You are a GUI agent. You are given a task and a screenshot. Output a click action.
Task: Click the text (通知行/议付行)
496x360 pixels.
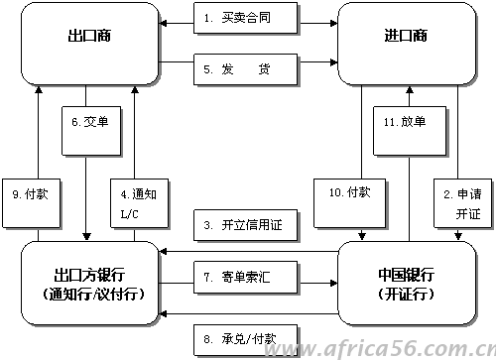(x=90, y=295)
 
